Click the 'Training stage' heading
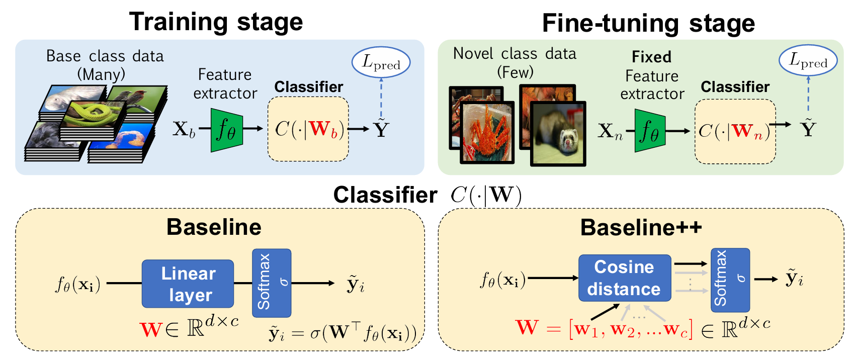point(216,22)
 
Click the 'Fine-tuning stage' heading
point(648,24)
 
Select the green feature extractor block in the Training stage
point(227,130)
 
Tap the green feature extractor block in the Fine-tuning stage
point(650,130)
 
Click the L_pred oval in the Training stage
point(381,62)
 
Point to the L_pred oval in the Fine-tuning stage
point(808,60)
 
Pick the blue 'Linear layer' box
point(188,284)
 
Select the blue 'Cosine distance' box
point(625,278)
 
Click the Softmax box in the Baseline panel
point(272,283)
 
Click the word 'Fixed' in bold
point(651,57)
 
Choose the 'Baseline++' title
point(641,227)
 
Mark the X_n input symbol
point(610,132)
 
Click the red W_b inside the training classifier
point(324,129)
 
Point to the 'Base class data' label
point(105,56)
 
